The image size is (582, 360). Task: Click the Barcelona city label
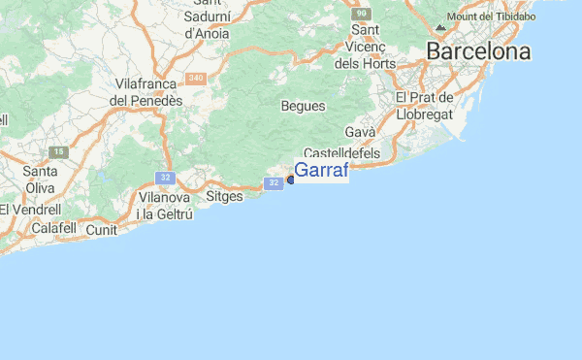point(479,51)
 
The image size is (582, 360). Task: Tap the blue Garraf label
point(321,170)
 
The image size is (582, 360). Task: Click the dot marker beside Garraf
point(290,180)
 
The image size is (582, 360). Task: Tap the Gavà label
point(360,132)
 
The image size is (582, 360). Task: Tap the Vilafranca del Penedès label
point(148,91)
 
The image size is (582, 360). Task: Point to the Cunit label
point(102,230)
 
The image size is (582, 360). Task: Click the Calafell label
point(52,228)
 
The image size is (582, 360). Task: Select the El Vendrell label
point(30,209)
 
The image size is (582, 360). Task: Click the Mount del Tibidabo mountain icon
point(441,26)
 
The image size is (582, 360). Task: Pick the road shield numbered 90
point(361,14)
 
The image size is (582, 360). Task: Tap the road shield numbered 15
point(59,152)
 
